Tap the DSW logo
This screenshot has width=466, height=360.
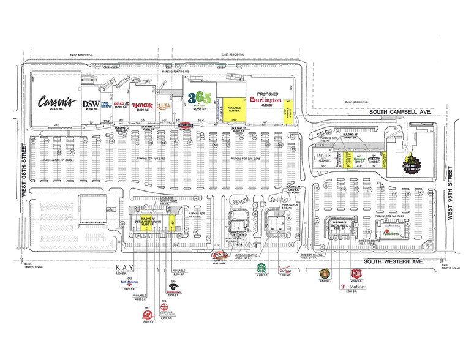(91, 103)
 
